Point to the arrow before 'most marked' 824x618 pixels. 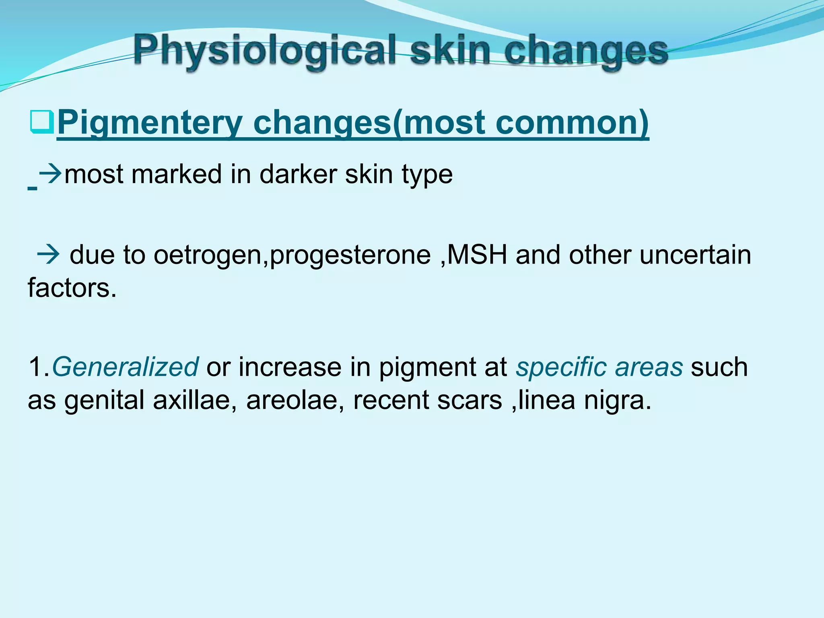tap(51, 174)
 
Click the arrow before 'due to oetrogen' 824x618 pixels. tap(48, 255)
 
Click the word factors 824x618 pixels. tap(72, 288)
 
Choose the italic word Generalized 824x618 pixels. tap(125, 367)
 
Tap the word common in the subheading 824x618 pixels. tap(570, 123)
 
